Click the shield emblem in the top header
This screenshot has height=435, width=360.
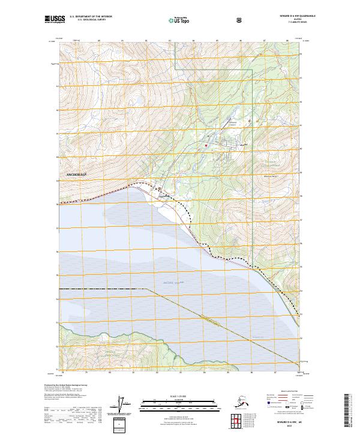click(232, 19)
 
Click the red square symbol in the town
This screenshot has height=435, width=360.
click(206, 145)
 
